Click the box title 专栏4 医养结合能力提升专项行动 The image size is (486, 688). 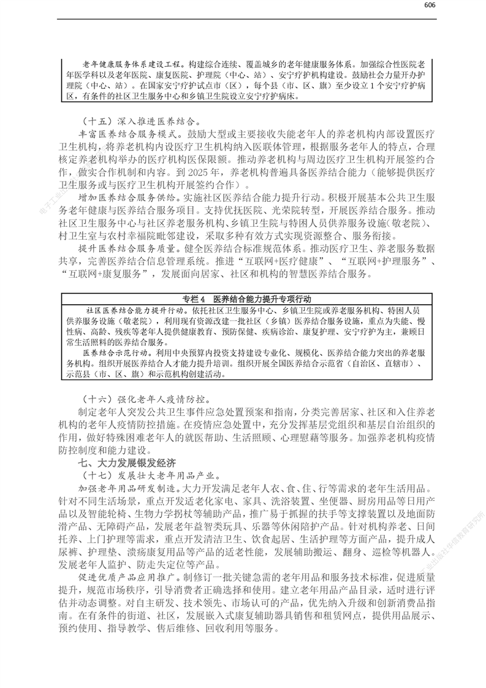[x=247, y=299]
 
